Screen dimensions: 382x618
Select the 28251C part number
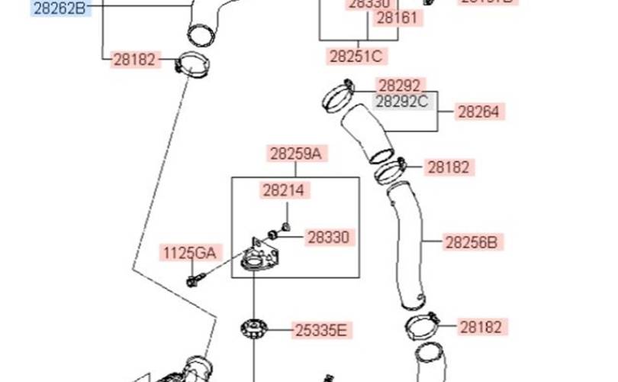[x=355, y=56]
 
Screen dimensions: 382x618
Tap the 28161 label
[x=397, y=18]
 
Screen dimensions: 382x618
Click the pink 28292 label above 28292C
[x=401, y=86]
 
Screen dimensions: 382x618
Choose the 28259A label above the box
[x=295, y=154]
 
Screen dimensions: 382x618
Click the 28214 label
[x=285, y=190]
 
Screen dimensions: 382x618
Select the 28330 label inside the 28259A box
[x=328, y=238]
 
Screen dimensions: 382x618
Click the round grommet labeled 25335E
[x=253, y=331]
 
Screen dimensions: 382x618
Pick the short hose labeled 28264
[x=366, y=134]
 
